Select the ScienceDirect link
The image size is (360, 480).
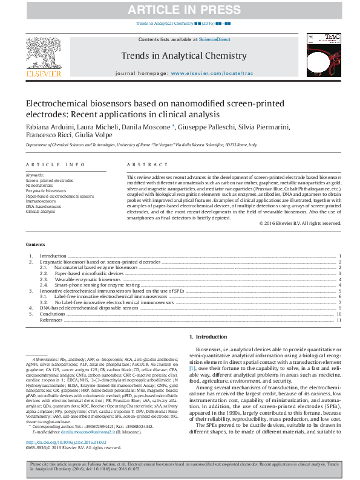click(215, 39)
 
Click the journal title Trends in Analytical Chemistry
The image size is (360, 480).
click(184, 56)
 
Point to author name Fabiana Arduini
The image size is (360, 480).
click(47, 127)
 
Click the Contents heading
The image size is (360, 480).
click(35, 244)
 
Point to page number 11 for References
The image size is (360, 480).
click(339, 320)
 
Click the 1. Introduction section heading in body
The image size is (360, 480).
click(209, 336)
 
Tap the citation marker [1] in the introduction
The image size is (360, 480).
click(192, 368)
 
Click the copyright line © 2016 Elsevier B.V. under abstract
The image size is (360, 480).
click(300, 223)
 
